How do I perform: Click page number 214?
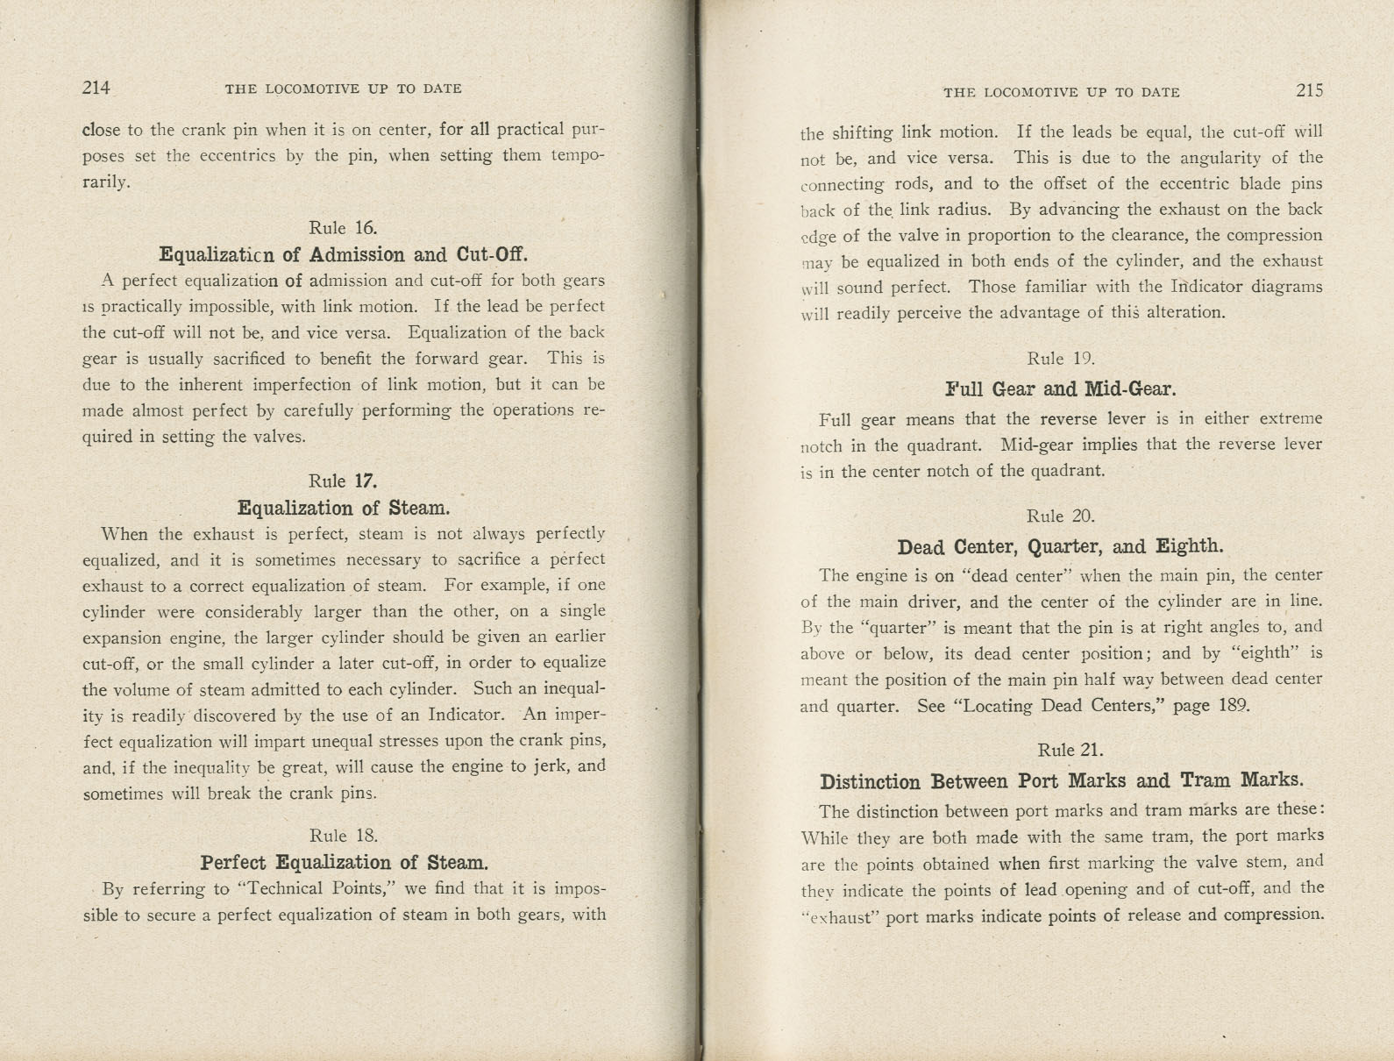point(96,88)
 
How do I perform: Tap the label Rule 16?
point(343,228)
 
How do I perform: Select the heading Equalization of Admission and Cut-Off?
point(343,254)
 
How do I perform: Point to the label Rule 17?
point(343,481)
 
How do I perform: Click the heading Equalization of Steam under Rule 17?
point(343,508)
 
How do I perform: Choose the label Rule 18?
point(343,835)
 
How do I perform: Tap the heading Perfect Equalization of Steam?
point(345,862)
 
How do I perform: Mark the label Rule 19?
point(1061,358)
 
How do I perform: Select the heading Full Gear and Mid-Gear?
point(1061,388)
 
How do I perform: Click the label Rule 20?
point(1061,516)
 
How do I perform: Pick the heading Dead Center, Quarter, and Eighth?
point(1061,547)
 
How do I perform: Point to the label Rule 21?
point(1070,750)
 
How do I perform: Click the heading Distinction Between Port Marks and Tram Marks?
point(1061,780)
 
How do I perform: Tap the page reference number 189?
point(1234,705)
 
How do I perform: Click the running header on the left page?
point(343,89)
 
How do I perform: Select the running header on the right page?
point(1061,92)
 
